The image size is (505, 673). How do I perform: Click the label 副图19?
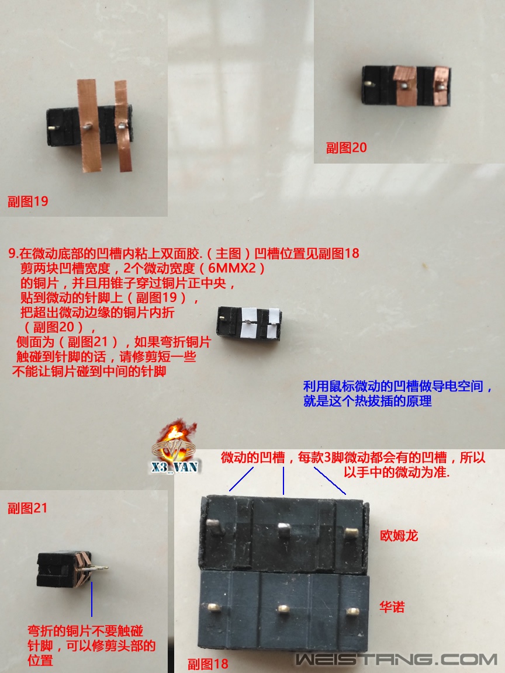(x=27, y=202)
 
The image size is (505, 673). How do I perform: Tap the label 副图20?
(x=347, y=147)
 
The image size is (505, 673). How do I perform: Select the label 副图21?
(x=27, y=508)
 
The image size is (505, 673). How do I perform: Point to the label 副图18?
(x=207, y=664)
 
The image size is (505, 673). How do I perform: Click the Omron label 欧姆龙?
(x=399, y=535)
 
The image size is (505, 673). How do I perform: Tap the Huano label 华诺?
(x=392, y=608)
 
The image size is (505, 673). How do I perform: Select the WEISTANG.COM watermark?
(x=396, y=660)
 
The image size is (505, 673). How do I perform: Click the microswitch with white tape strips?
(x=250, y=322)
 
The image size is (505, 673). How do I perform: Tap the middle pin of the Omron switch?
(x=284, y=531)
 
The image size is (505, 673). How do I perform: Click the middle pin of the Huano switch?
(x=283, y=609)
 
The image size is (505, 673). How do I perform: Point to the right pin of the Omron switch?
(x=350, y=532)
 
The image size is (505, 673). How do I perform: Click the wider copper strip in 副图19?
(x=88, y=126)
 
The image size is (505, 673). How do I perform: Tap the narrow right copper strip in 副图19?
(x=122, y=126)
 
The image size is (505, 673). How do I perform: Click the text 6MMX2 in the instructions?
(x=237, y=269)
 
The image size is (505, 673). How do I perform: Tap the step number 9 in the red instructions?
(x=12, y=254)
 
